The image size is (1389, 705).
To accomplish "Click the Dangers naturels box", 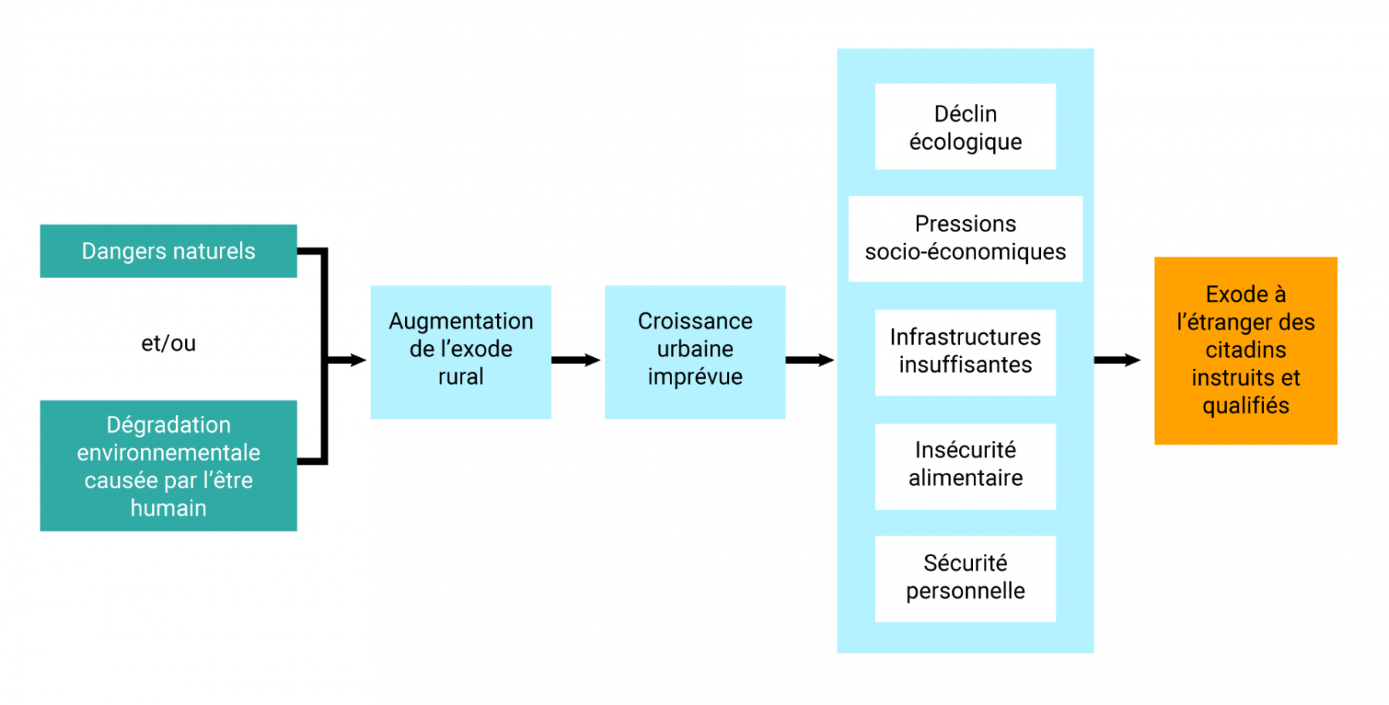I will point(168,251).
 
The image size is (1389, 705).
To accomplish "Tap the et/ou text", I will point(168,343).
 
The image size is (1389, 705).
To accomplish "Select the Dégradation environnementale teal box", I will point(168,465).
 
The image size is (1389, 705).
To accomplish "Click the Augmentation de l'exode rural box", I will point(461,352).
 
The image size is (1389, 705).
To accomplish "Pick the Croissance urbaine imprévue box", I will point(694,352).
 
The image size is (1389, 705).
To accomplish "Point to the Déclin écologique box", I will point(965,126).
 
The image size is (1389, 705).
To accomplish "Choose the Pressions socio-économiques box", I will point(965,238).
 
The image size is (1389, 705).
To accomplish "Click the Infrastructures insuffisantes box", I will point(965,352).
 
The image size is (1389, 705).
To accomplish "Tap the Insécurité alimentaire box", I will point(965,465).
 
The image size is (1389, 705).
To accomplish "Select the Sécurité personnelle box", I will point(965,578).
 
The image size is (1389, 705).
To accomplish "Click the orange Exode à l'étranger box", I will point(1245,350).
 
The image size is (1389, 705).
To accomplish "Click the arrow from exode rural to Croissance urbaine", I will point(576,360).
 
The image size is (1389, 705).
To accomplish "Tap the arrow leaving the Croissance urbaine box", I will point(809,360).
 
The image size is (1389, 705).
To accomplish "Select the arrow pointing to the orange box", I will point(1117,360).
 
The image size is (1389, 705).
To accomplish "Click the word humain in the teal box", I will point(168,508).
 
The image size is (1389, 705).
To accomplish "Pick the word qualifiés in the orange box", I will point(1245,406).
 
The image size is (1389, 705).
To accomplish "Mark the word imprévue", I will point(694,377).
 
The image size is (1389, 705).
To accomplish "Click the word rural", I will point(461,377).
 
